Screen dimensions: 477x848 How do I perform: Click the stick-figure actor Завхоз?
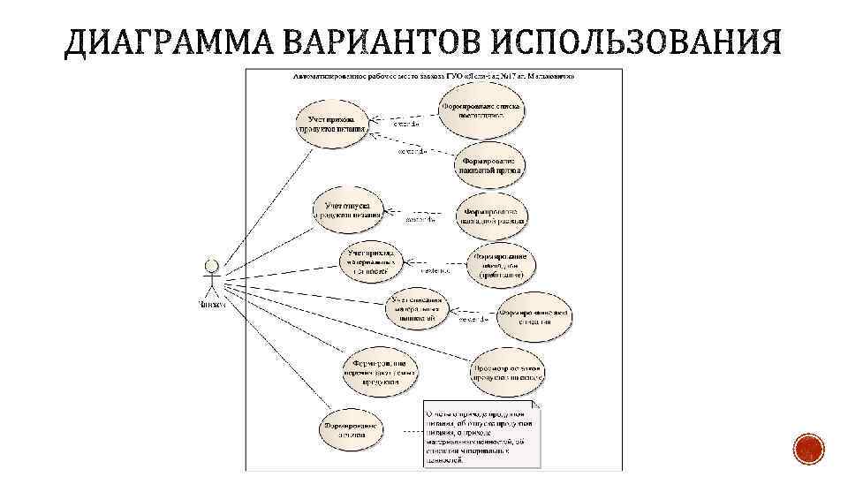tap(211, 277)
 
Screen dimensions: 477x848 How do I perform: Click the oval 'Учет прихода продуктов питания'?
tap(331, 123)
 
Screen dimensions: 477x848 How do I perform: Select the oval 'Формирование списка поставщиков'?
tap(481, 110)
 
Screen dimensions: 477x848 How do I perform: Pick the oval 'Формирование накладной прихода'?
tap(492, 164)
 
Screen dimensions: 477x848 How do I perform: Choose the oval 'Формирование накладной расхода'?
tap(493, 216)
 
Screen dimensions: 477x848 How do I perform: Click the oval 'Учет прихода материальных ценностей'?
tap(371, 261)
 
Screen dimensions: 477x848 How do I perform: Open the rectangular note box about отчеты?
tap(480, 435)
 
